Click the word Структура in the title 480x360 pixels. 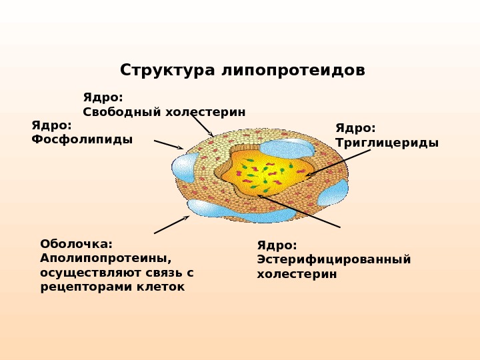click(x=167, y=71)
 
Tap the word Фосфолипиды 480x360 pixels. click(x=82, y=139)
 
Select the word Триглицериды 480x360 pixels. click(x=387, y=143)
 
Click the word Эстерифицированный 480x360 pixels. click(x=334, y=259)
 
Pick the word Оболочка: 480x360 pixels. click(x=76, y=244)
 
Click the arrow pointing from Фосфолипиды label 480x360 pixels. click(x=168, y=145)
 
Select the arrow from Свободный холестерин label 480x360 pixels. click(x=201, y=125)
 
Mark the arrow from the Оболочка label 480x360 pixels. click(x=171, y=225)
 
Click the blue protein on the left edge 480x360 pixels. click(x=185, y=167)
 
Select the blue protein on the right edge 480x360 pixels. click(x=333, y=192)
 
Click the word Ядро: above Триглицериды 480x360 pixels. click(x=355, y=128)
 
